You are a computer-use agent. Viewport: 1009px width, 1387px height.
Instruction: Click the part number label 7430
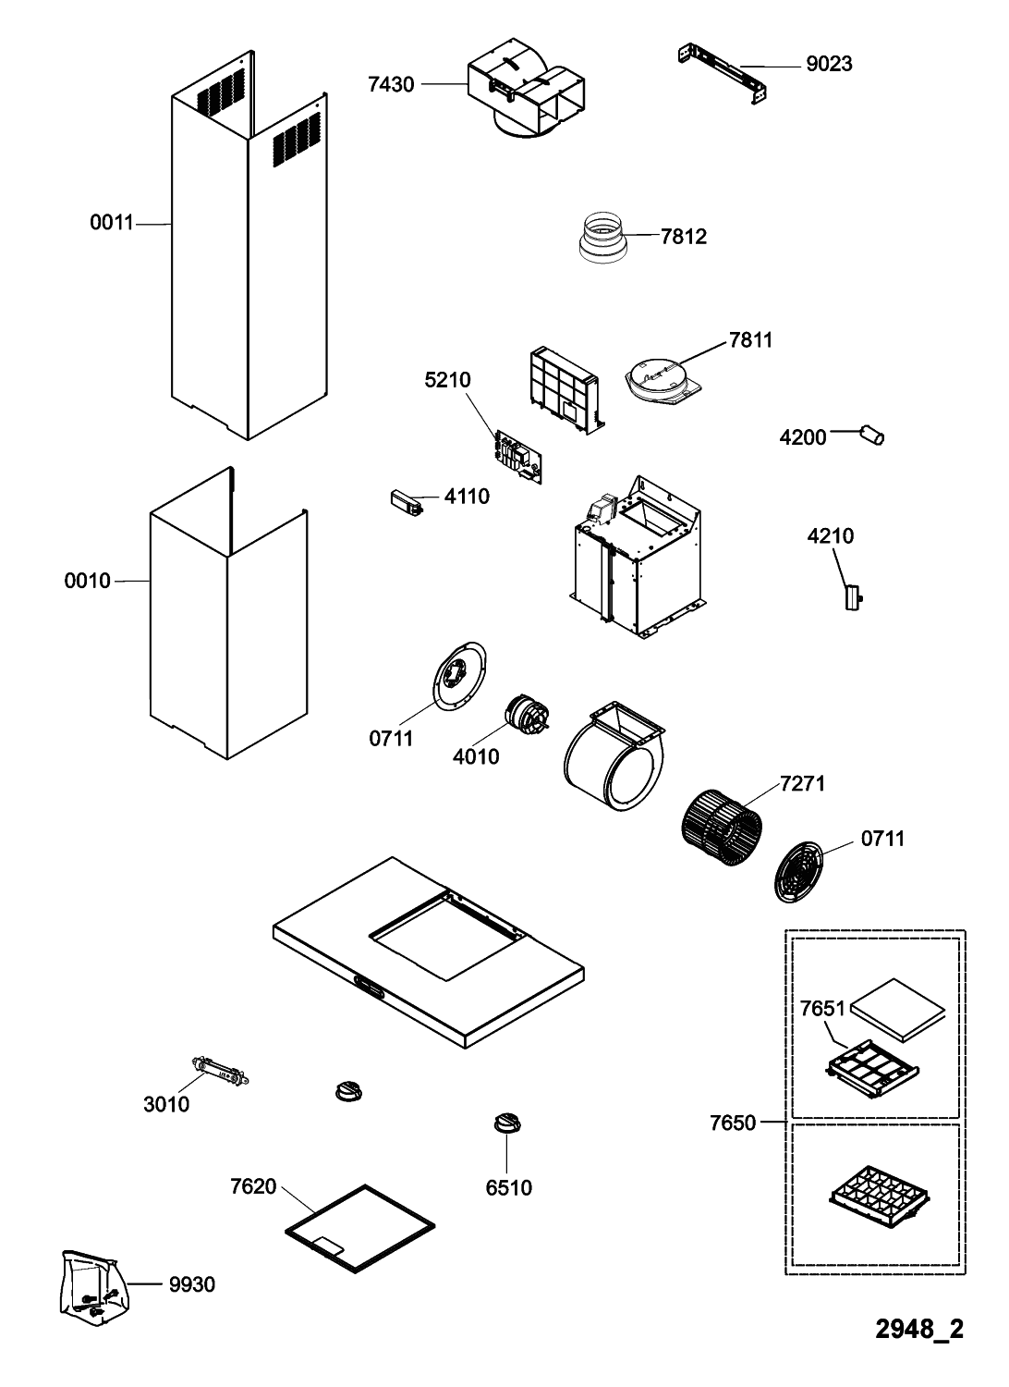pos(391,85)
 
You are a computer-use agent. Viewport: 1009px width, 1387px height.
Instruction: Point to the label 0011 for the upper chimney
pos(112,223)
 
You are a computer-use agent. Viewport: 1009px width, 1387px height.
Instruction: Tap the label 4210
pos(830,536)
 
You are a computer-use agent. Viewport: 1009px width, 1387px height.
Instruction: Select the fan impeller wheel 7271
pos(723,828)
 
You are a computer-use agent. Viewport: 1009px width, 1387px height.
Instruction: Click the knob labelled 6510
pos(506,1123)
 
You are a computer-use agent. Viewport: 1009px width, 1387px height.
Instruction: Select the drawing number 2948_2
pos(919,1330)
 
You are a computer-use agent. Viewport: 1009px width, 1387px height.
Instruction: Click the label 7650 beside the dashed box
pos(733,1123)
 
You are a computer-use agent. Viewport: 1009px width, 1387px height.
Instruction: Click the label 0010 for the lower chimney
pos(87,581)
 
